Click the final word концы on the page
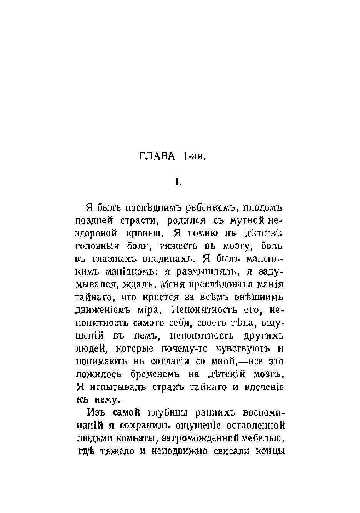tap(269, 451)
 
